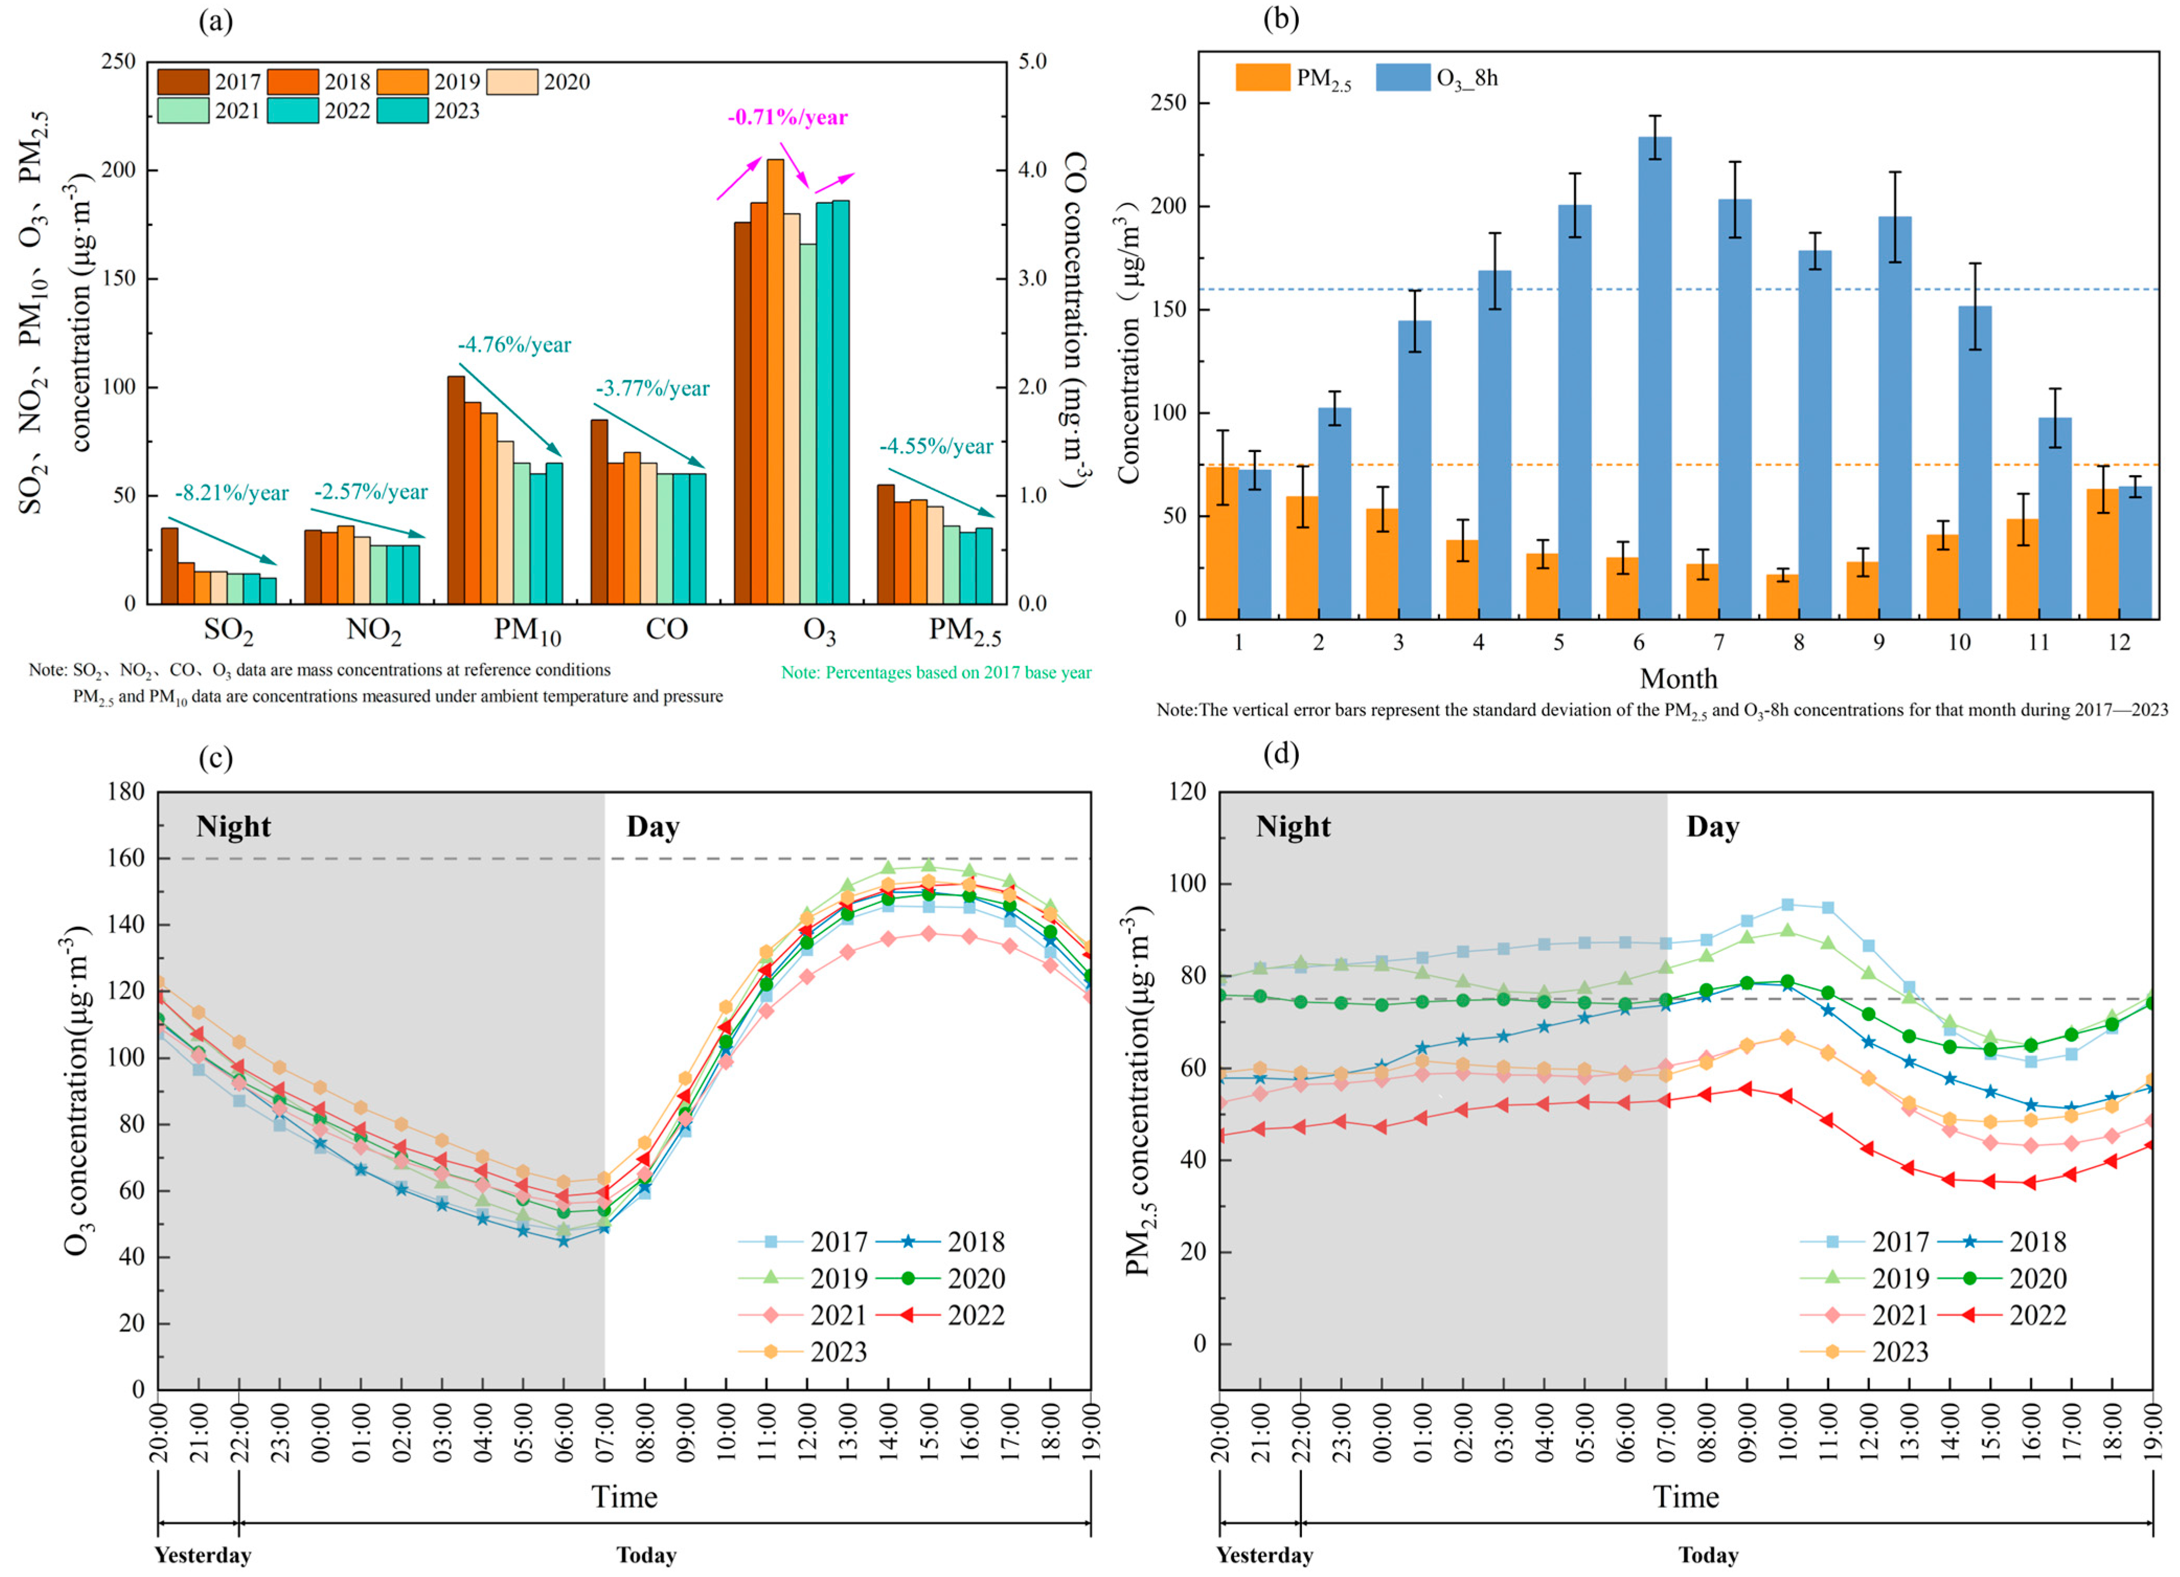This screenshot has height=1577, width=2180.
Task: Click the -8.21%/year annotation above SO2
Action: pos(232,493)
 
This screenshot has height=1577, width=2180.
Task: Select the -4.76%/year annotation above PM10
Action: pos(514,344)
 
